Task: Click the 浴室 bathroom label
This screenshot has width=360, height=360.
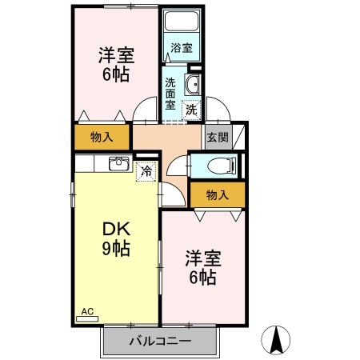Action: pos(182,48)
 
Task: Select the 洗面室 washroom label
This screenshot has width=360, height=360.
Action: pos(171,92)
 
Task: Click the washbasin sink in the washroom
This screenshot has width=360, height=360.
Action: pos(192,85)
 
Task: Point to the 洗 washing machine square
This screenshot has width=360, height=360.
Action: pos(191,110)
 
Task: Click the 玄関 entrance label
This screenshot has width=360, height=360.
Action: pos(218,137)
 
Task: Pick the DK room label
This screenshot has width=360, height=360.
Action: pos(116,227)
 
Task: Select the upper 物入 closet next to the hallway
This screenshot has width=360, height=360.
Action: pos(102,138)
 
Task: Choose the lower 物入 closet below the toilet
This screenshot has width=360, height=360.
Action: pos(217,194)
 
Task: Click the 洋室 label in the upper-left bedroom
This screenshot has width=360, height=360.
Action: pos(117,56)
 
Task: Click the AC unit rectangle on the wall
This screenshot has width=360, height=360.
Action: pos(87,318)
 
